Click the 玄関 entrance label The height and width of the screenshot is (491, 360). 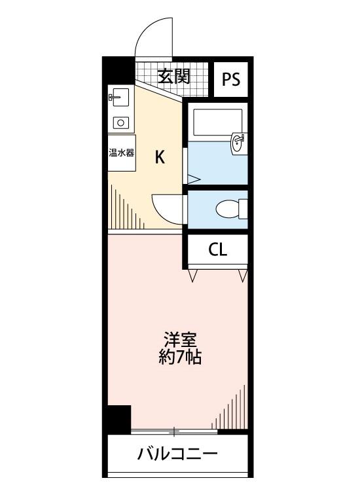point(173,77)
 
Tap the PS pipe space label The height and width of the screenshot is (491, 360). point(231,79)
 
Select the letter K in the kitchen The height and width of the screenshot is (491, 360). point(160,157)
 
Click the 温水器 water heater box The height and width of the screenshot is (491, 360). point(122,153)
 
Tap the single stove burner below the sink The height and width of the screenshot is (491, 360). point(121,122)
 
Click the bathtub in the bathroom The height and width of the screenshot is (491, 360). point(217,122)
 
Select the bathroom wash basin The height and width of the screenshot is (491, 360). point(238,143)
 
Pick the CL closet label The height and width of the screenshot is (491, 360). point(218,250)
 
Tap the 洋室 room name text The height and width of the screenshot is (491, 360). point(180,339)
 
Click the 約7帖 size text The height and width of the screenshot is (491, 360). point(180,357)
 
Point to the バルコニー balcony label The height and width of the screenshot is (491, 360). point(177,454)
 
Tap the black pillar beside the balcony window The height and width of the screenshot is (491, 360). point(119,419)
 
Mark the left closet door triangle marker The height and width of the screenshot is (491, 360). point(193,276)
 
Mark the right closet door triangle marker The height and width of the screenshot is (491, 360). point(243,276)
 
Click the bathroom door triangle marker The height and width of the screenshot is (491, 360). point(193,180)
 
